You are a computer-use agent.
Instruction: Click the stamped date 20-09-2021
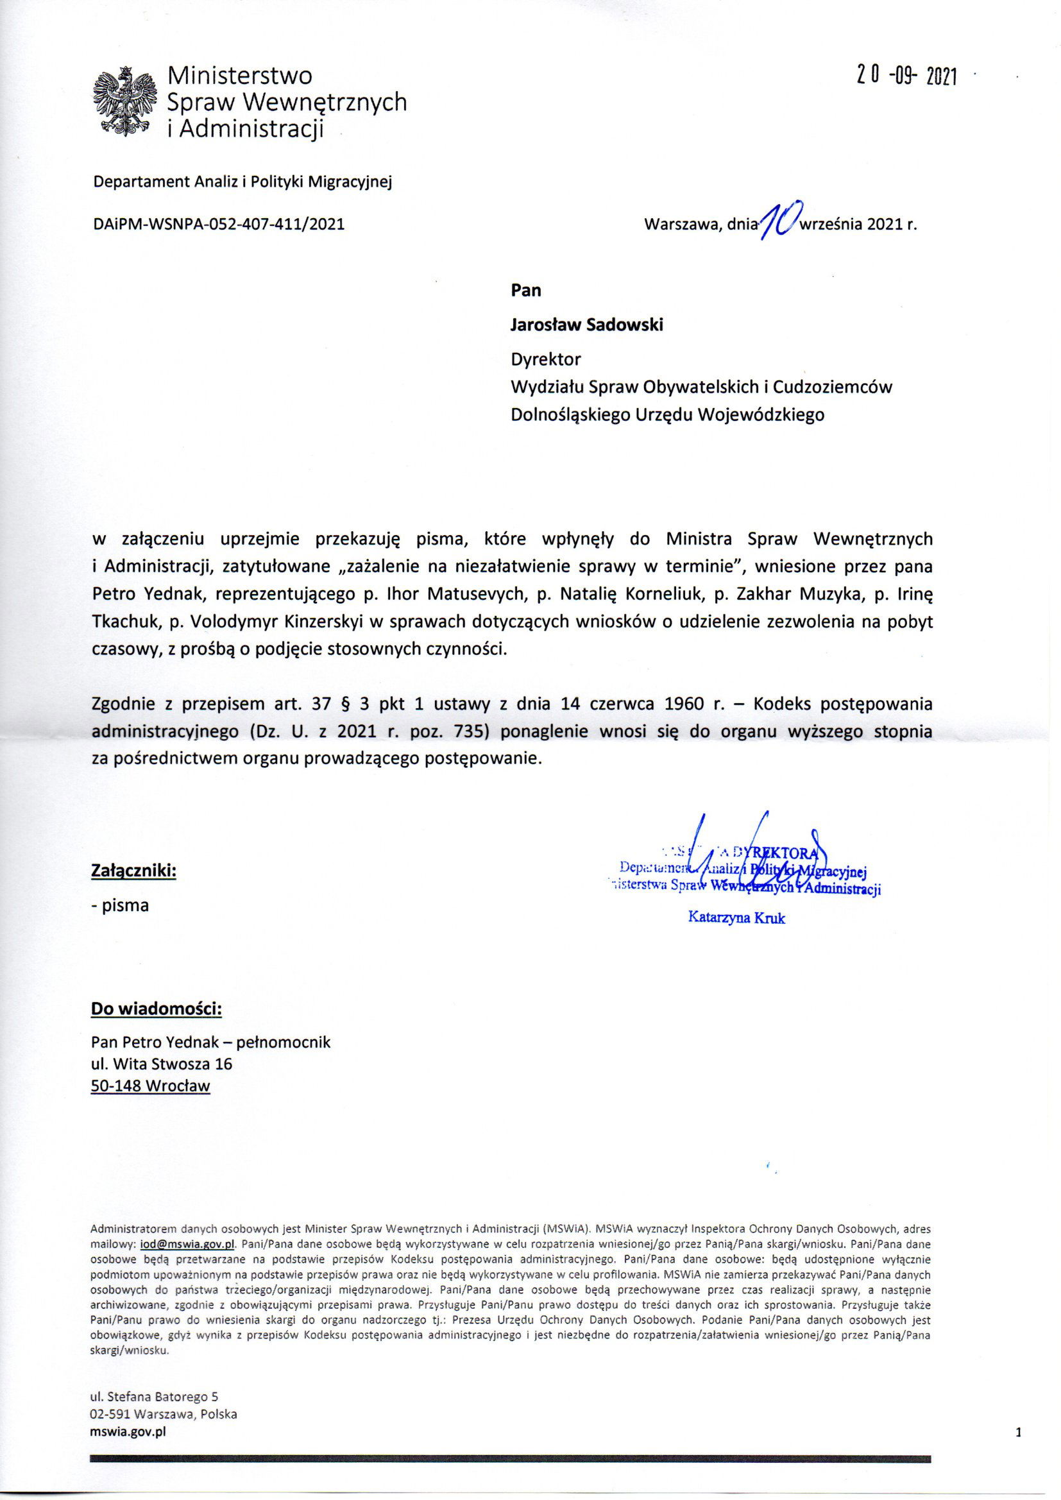[x=906, y=77]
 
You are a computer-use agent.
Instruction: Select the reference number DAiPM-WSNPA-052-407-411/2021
[x=219, y=224]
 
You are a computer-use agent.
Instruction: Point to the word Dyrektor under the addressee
[x=545, y=359]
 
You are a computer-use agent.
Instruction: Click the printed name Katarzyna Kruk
[x=736, y=918]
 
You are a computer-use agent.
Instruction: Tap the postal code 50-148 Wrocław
[x=150, y=1086]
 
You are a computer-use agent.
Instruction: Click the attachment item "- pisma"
[x=120, y=905]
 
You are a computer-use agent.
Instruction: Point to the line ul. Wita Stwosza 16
[x=162, y=1064]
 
